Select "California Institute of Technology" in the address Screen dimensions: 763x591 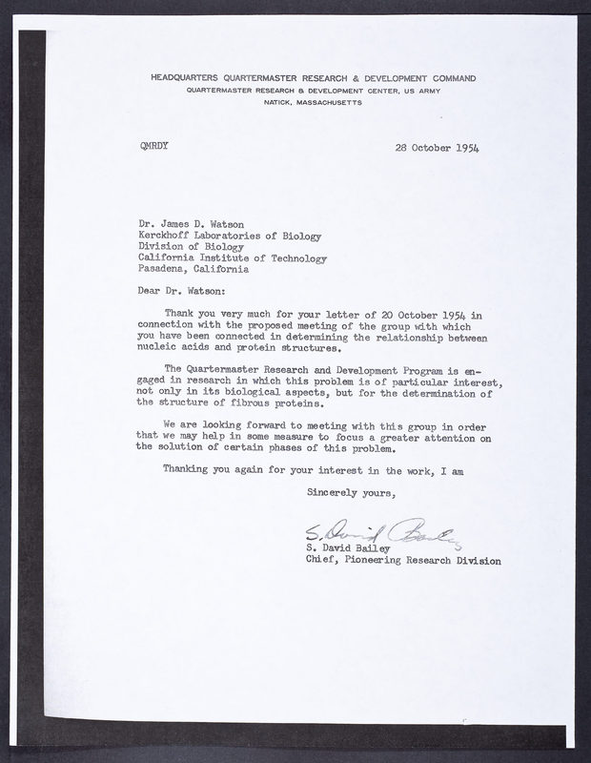(233, 258)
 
